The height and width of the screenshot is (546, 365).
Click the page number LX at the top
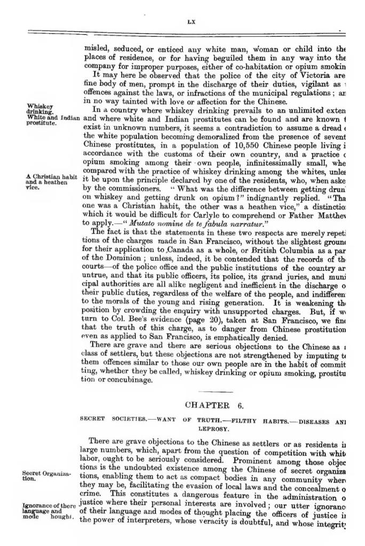193,22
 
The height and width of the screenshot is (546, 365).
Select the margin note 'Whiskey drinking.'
39,109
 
